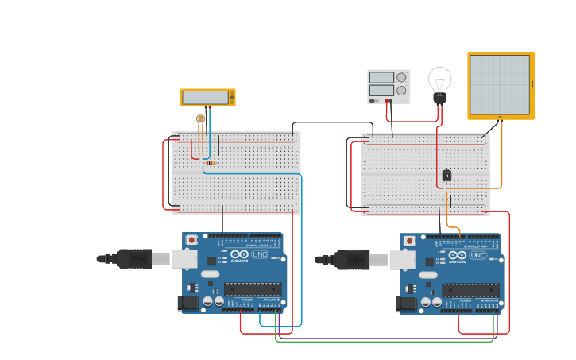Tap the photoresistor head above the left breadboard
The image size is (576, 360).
tap(200, 118)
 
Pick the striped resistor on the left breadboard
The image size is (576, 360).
tap(209, 163)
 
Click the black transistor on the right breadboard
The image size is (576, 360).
tap(446, 175)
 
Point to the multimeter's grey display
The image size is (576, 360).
tap(205, 97)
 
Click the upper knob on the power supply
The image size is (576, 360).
tap(401, 77)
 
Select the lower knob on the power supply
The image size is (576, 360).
tap(401, 91)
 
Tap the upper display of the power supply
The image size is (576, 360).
tap(381, 77)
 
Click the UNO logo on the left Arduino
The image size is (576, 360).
tap(260, 254)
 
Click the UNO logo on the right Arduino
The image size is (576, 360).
tap(478, 255)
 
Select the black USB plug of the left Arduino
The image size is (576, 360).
tap(133, 258)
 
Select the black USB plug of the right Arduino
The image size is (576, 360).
tap(352, 259)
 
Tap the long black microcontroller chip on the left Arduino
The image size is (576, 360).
tap(253, 289)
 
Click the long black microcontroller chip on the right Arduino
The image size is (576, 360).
tap(471, 290)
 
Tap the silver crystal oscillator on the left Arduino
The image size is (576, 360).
tap(210, 274)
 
